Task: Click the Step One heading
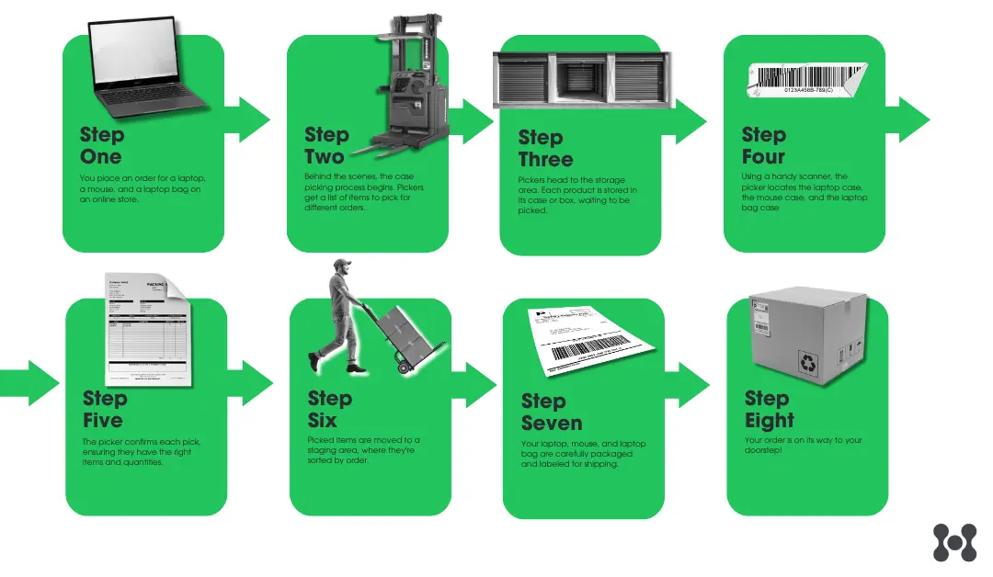coord(101,146)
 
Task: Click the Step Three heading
coord(545,149)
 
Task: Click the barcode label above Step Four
coord(808,79)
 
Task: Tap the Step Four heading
coord(763,146)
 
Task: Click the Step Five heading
coord(104,410)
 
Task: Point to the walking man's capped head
coord(341,268)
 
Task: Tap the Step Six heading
coord(329,410)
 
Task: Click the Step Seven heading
coord(551,413)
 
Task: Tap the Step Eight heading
coord(769,410)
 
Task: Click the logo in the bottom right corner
coord(953,542)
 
